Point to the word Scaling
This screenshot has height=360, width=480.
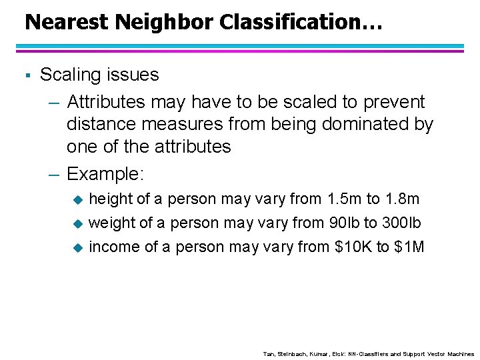click(x=70, y=75)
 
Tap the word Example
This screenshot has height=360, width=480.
click(x=105, y=174)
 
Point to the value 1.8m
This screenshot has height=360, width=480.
click(x=403, y=199)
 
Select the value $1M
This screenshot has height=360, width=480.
click(x=409, y=247)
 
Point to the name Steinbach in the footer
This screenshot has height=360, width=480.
click(x=289, y=353)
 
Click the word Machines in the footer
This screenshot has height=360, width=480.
click(x=459, y=353)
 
